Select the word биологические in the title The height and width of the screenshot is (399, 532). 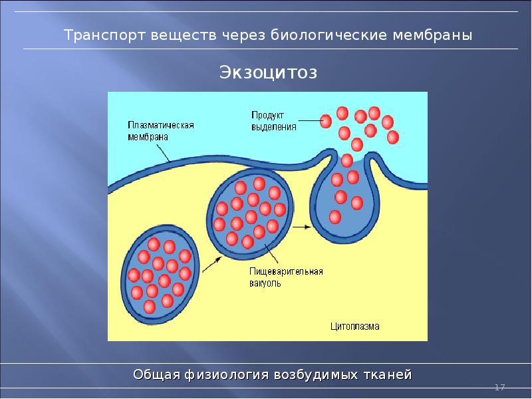324,35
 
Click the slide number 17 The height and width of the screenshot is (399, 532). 500,387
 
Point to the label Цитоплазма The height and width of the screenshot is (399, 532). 355,327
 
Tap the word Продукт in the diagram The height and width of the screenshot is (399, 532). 268,114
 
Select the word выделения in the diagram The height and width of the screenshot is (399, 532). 273,126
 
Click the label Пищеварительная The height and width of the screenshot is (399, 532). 287,271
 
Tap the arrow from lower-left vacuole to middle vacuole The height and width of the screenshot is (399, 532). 211,265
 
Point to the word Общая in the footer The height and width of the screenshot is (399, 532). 156,374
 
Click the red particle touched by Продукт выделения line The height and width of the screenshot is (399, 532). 326,121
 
